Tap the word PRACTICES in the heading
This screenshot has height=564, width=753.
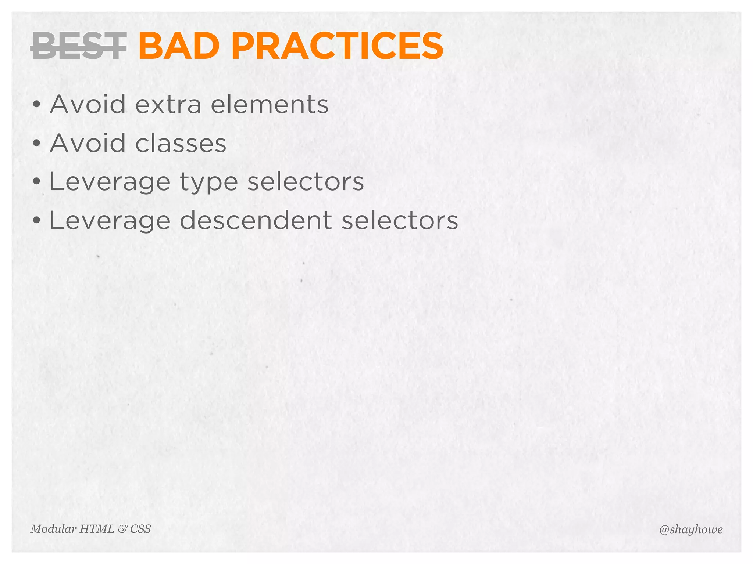[337, 46]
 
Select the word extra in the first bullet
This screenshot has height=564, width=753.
[168, 105]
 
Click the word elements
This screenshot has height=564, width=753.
[270, 105]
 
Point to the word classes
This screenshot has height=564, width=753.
[181, 143]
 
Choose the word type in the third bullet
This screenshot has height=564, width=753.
[209, 182]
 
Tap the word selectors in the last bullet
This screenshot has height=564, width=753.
[400, 221]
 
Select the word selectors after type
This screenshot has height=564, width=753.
[306, 182]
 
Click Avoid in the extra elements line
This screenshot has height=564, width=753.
[88, 105]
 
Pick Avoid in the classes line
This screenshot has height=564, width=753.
[88, 143]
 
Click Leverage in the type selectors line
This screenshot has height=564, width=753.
[110, 182]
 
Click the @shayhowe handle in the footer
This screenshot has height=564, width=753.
[691, 529]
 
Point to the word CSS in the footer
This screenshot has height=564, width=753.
[140, 529]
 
